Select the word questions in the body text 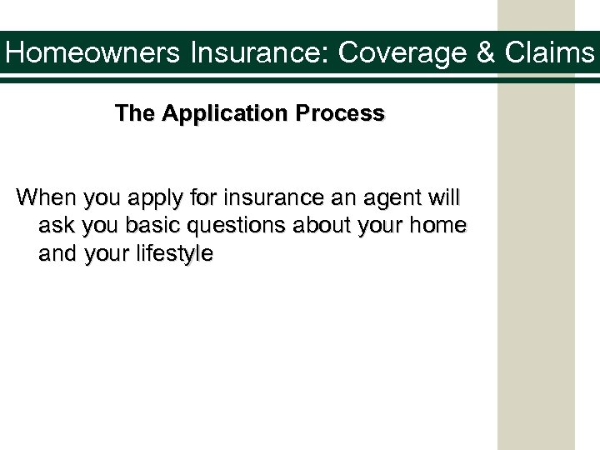click(x=232, y=227)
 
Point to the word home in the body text click(x=442, y=227)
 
